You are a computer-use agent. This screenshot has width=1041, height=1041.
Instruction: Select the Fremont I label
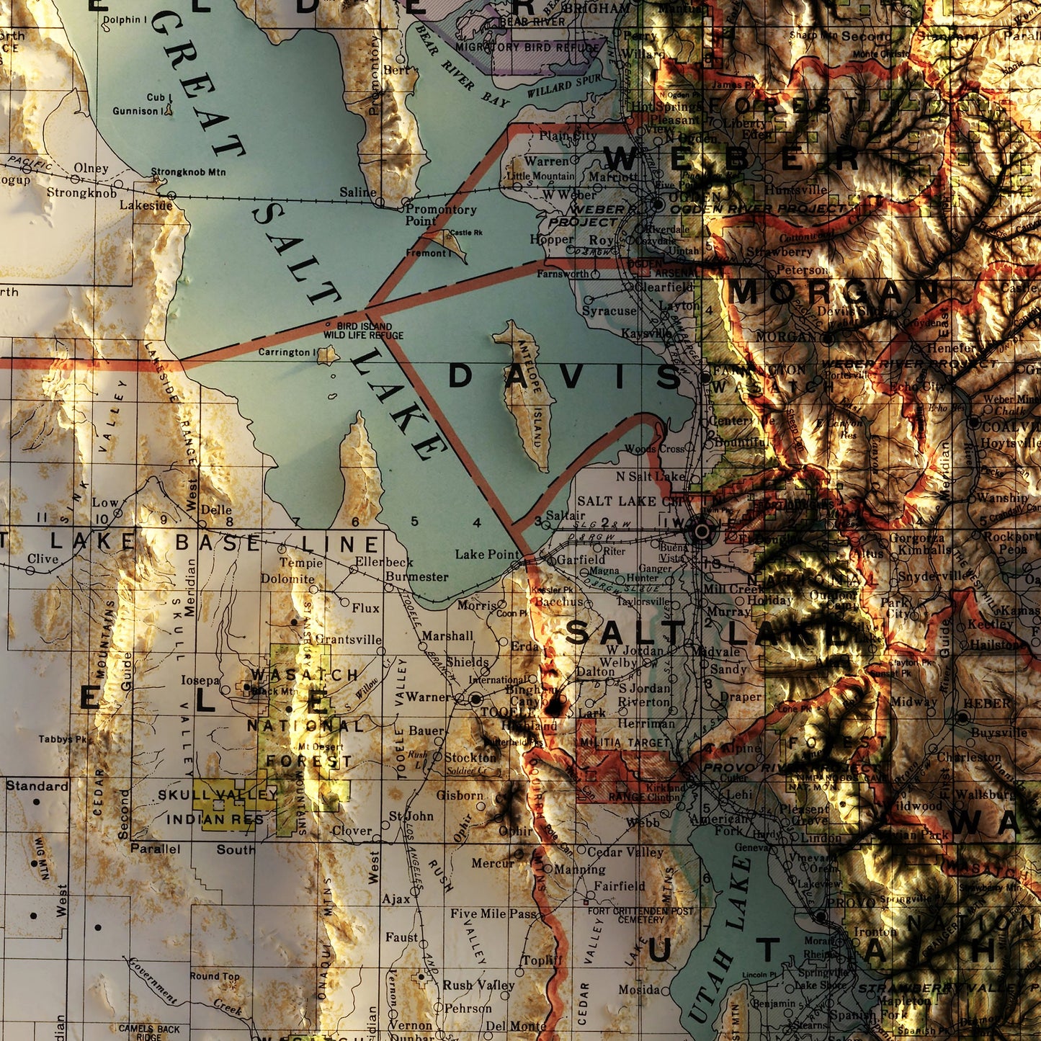426,254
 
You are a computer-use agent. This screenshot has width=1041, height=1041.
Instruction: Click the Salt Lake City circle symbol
701,532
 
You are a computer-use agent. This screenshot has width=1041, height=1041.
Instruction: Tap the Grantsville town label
349,639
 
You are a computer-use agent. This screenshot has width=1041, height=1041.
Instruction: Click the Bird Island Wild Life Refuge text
363,331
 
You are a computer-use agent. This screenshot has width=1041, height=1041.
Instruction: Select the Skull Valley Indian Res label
216,807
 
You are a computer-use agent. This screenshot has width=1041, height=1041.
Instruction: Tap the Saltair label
566,516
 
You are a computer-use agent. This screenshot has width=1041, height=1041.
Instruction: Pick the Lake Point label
488,554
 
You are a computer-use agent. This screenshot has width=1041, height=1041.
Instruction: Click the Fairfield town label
620,885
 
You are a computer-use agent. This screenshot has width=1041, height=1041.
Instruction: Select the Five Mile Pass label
494,913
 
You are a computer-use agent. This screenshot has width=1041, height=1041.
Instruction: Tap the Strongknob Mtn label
188,173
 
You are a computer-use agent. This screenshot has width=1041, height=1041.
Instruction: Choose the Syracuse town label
609,311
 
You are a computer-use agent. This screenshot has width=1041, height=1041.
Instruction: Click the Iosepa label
200,680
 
